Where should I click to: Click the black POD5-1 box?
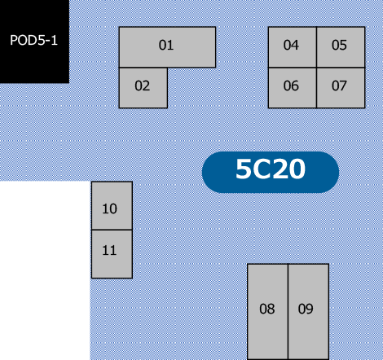34,42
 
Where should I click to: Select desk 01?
167,47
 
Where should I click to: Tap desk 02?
143,88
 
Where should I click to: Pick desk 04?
293,47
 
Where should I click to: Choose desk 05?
341,47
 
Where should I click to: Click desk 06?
293,88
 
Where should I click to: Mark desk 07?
341,88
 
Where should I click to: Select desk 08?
267,312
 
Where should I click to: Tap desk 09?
309,312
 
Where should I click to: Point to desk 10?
112,205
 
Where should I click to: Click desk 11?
112,254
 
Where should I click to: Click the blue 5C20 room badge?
271,172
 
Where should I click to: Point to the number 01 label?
166,45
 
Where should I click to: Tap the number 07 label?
339,86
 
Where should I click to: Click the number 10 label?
109,209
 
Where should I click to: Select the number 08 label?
267,309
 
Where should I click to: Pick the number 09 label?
306,309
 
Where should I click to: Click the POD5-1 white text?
33,40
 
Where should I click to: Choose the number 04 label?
291,45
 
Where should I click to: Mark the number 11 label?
109,250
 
